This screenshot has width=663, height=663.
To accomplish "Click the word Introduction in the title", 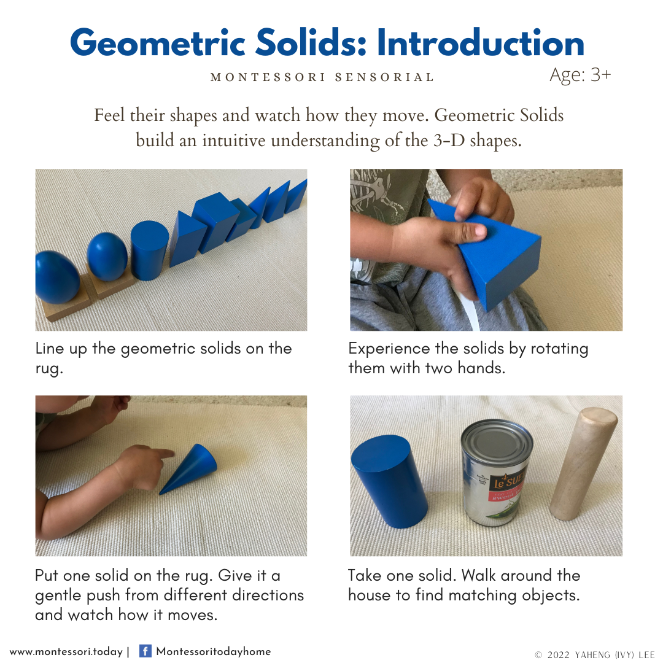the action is [481, 43].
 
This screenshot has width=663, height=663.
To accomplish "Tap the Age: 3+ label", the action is [580, 75].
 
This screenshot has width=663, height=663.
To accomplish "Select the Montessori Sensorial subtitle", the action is [322, 77].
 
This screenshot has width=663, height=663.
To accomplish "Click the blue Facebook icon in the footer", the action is [145, 651].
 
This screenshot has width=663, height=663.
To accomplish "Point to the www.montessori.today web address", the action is [66, 651].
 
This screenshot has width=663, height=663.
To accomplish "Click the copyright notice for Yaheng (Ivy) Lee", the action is [594, 654].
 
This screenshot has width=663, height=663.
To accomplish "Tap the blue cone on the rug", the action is [188, 468].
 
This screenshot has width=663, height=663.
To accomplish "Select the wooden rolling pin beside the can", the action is [583, 463].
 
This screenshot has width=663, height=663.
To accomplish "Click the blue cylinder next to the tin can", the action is [389, 482].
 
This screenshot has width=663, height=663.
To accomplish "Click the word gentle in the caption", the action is [58, 596].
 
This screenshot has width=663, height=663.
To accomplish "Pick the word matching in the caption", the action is [483, 596].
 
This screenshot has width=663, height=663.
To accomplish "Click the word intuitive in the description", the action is [233, 141].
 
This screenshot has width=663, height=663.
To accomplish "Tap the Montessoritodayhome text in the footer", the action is [214, 651].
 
